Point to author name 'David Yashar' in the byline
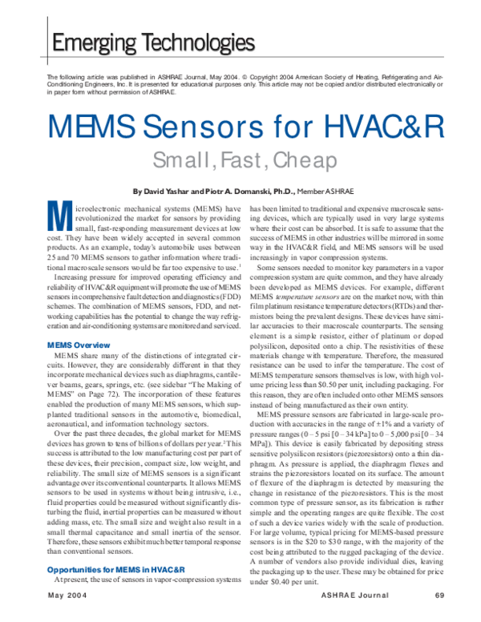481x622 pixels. coord(174,192)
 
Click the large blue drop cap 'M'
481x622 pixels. coord(56,219)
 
